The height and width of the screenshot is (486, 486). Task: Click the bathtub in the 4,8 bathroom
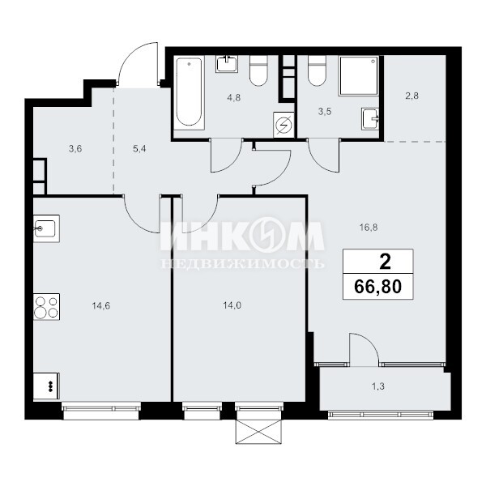(189, 93)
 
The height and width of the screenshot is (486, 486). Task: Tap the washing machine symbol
(283, 125)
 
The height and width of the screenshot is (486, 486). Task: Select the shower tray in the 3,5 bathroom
(359, 75)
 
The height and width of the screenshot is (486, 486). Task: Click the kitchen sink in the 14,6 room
(46, 228)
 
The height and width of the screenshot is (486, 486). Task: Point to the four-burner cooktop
(46, 307)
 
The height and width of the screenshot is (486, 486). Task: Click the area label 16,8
(369, 228)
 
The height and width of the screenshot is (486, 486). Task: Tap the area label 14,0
(232, 305)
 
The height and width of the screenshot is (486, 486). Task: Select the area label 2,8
(412, 96)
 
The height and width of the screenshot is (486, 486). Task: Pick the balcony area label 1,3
(378, 386)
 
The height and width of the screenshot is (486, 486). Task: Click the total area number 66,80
(377, 287)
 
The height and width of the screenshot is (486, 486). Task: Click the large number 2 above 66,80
(386, 262)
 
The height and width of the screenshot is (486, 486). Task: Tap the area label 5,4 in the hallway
(139, 149)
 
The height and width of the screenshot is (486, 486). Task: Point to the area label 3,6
(75, 149)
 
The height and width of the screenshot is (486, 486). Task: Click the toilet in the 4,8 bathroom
(258, 71)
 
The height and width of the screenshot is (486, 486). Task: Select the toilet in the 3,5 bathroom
(317, 71)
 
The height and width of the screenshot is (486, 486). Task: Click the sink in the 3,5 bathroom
(370, 119)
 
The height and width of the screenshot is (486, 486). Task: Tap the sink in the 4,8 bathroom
(227, 64)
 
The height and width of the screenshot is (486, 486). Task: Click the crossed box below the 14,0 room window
(259, 432)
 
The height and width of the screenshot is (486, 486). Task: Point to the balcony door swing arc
(369, 340)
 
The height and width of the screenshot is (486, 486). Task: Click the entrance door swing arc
(130, 55)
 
